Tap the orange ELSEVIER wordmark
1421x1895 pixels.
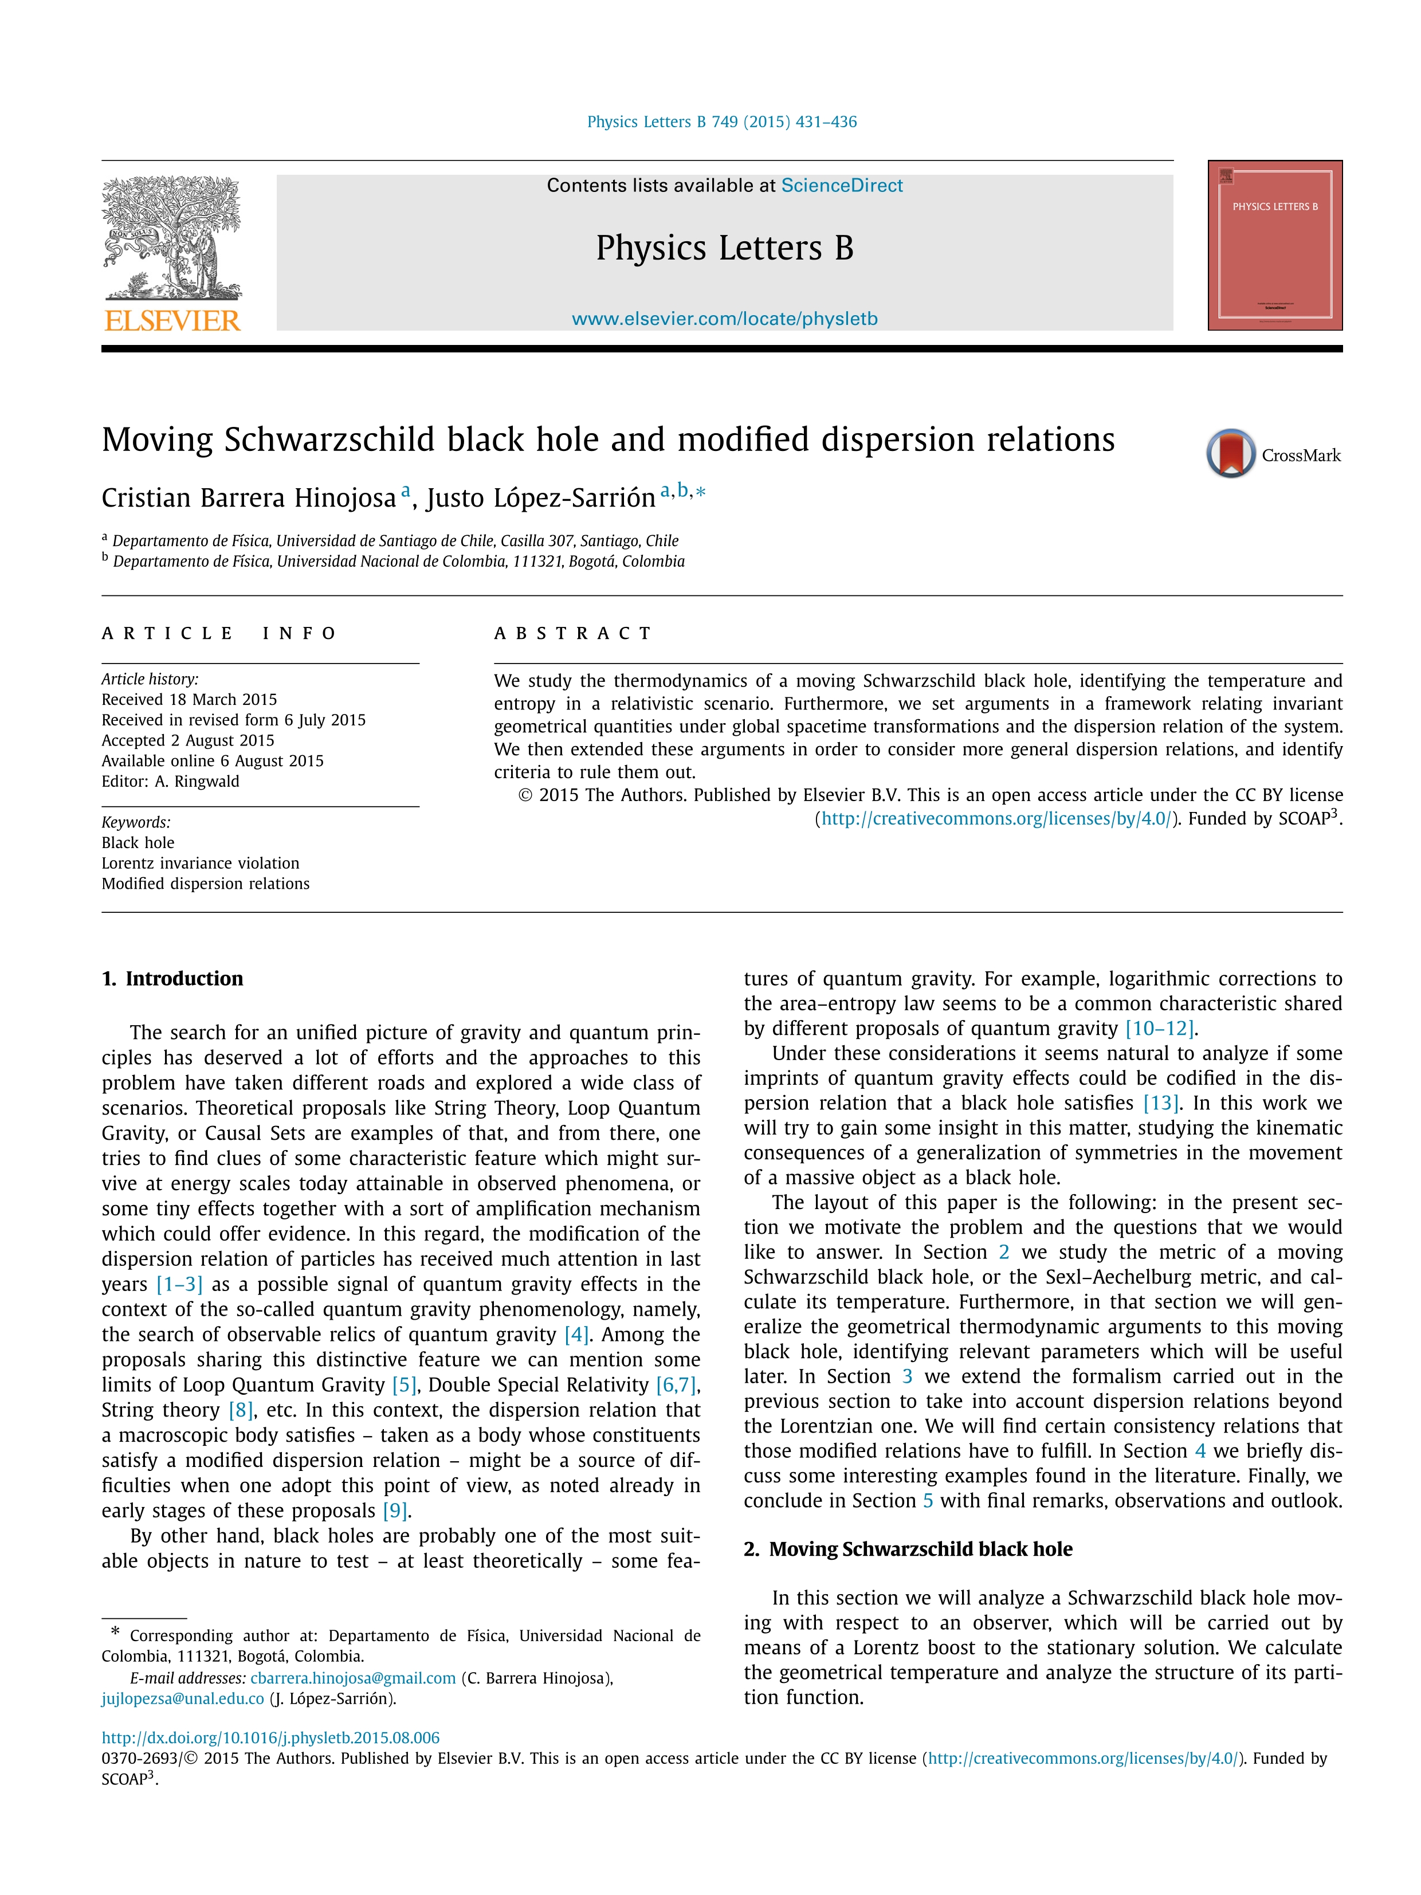coord(172,321)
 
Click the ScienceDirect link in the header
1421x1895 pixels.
coord(841,186)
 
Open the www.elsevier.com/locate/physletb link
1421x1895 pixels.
coord(725,319)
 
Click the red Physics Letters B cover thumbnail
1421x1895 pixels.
coord(1274,245)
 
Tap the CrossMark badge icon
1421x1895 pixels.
coord(1230,453)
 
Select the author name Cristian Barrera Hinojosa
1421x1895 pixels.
coord(249,498)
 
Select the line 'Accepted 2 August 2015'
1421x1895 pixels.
coord(187,740)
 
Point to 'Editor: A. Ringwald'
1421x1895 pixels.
coord(170,781)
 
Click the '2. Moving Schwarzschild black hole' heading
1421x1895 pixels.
coord(908,1549)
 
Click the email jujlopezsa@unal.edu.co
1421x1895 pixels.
coord(182,1699)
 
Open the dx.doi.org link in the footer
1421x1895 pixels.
coord(270,1737)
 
